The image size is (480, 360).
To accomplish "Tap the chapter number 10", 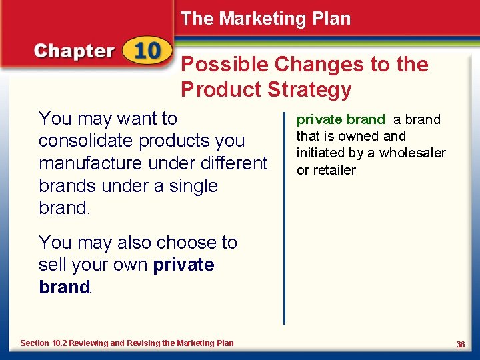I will (x=147, y=51).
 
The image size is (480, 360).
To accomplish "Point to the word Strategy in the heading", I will (x=309, y=89).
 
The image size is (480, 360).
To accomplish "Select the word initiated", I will (x=321, y=153).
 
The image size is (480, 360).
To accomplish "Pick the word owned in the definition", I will (x=360, y=136).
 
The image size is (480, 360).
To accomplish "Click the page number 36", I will (x=460, y=344).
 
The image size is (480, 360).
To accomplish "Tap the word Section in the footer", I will (x=35, y=343).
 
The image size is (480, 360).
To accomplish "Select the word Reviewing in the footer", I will (x=89, y=343).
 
